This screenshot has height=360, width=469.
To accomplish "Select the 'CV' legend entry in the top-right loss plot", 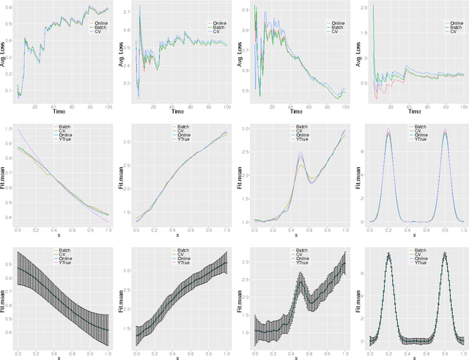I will pos(449,32).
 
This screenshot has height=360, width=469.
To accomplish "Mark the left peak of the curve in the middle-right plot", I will pos(388,132).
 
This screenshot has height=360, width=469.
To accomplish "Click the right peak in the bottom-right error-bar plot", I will pos(444,256).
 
